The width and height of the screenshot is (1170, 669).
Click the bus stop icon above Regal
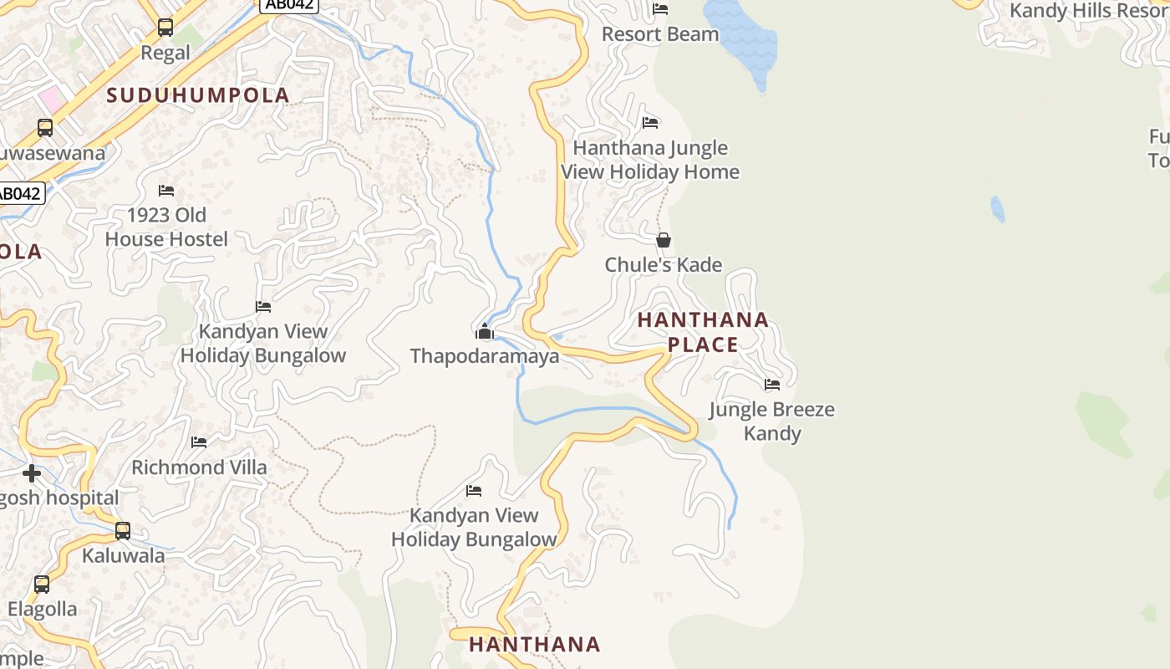[x=165, y=28]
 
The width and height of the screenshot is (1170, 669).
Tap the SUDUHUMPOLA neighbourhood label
[x=198, y=95]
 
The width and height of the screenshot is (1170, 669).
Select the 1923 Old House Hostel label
[x=166, y=227]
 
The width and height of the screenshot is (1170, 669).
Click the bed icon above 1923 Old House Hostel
[x=166, y=191]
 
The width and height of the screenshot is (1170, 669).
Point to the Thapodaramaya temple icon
[x=484, y=332]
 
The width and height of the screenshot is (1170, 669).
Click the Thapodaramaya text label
[x=484, y=356]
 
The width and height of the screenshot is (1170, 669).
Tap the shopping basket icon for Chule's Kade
[x=663, y=241]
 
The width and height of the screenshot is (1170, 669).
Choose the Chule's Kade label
[x=663, y=265]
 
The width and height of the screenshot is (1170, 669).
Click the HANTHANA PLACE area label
[x=703, y=332]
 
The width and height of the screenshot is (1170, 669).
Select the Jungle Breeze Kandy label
[x=771, y=421]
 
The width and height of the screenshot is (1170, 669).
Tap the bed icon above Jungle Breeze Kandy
[x=771, y=385]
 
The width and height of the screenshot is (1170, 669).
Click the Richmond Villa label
[x=199, y=467]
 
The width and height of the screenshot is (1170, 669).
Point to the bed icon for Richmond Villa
[x=199, y=442]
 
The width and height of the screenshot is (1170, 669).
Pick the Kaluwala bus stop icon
[x=123, y=531]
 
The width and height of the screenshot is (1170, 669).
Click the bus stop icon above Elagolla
[x=42, y=585]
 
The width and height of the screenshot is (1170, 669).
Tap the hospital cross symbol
[x=32, y=474]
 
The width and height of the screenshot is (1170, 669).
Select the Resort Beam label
[x=660, y=34]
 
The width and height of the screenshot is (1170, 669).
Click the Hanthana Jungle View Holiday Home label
[x=650, y=160]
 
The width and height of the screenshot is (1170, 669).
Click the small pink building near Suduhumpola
[x=51, y=101]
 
